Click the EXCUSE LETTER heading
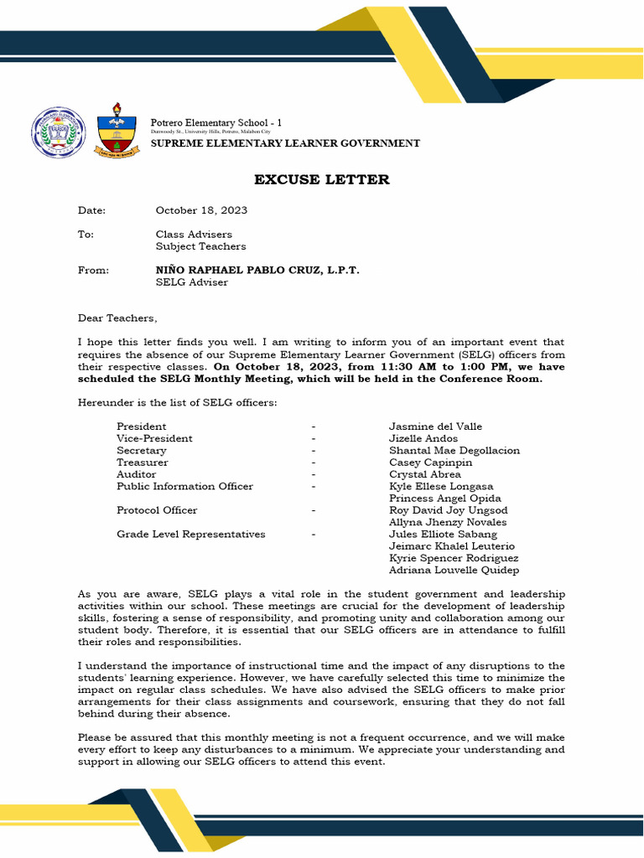[x=322, y=180]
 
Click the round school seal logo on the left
[x=59, y=132]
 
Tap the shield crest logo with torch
[x=115, y=132]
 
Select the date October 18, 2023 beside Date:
[x=201, y=210]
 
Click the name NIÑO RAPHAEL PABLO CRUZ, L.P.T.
[x=257, y=271]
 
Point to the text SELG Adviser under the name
[x=191, y=282]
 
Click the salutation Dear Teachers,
[x=117, y=318]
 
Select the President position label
[x=141, y=426]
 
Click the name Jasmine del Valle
[x=435, y=426]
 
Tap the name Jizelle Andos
[x=423, y=438]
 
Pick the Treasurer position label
[x=142, y=463]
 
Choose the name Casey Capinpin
[x=430, y=463]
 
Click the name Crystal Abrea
[x=425, y=474]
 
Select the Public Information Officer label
[x=184, y=486]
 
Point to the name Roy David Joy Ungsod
[x=448, y=510]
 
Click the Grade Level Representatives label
[x=190, y=534]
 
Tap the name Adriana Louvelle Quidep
[x=454, y=571]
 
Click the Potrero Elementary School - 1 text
[x=216, y=123]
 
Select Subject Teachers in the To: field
[x=200, y=246]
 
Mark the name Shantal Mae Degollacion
[x=454, y=451]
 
